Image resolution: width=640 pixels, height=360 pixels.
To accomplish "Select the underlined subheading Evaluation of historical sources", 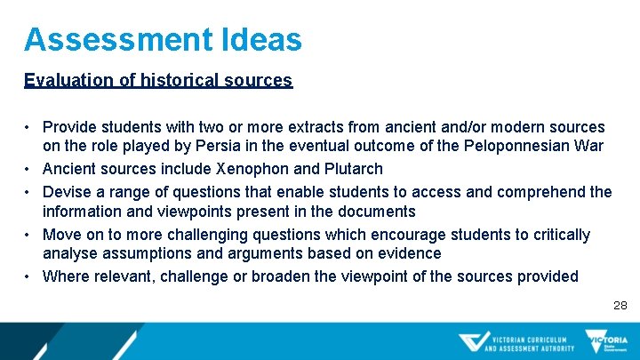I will click(x=158, y=80).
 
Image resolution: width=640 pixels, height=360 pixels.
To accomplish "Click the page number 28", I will click(x=620, y=305).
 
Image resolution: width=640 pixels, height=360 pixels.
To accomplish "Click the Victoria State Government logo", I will click(x=606, y=341).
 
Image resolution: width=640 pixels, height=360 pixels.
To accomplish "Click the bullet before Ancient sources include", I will click(x=29, y=169).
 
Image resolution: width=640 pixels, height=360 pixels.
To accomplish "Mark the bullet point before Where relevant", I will click(x=29, y=276).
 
